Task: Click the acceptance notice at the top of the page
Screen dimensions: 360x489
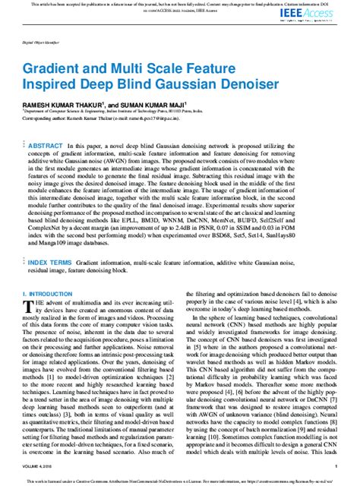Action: [x=180, y=5]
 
